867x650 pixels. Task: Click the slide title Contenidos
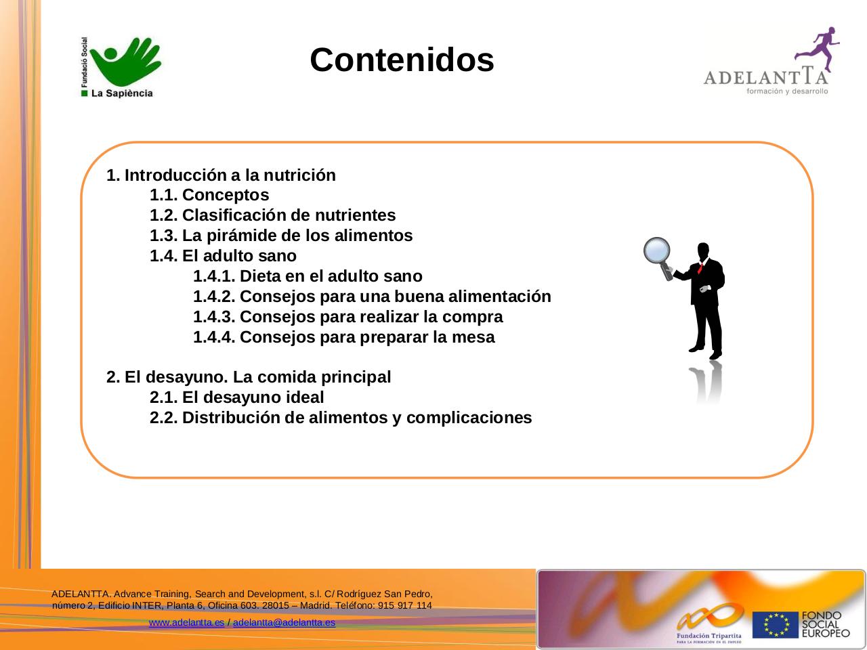402,60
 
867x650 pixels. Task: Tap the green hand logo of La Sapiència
125,61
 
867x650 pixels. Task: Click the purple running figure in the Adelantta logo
818,49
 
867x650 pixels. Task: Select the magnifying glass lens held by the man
656,251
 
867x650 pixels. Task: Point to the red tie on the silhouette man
700,267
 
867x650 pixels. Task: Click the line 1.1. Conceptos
209,195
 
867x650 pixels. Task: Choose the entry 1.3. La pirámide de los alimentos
281,236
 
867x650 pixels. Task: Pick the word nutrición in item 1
299,175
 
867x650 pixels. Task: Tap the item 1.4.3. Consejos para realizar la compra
348,317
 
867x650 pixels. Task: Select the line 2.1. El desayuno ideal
236,397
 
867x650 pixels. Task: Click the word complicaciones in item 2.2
469,418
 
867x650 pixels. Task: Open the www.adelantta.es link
186,622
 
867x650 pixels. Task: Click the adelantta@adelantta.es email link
284,622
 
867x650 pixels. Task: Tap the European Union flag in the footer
776,625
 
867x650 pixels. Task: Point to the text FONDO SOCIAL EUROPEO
826,625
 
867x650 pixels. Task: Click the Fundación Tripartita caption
709,636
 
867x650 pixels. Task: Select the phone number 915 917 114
405,605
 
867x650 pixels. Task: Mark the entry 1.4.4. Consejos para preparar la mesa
344,337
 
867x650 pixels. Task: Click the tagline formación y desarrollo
787,91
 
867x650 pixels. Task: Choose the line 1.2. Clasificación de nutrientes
272,215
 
